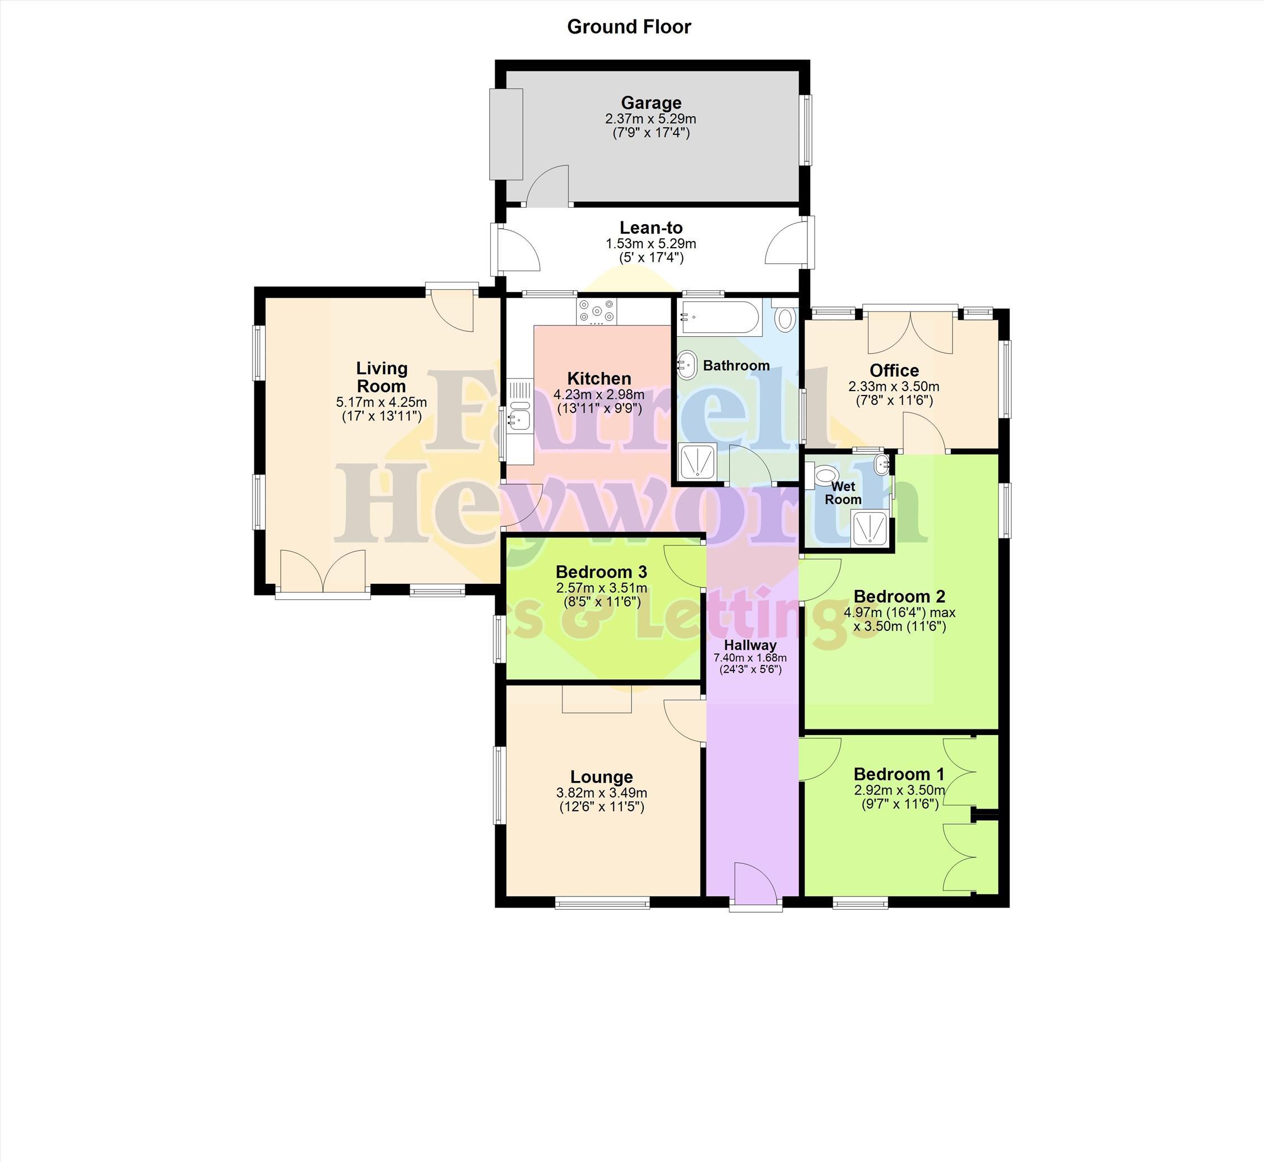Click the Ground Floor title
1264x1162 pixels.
point(629,27)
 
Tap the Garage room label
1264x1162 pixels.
point(651,103)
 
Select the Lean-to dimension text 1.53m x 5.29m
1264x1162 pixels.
point(651,243)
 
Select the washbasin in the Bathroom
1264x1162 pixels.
point(687,365)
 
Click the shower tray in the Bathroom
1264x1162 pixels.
point(698,462)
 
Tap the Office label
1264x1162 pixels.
point(894,370)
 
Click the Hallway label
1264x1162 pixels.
point(750,644)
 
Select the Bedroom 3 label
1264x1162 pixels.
point(601,572)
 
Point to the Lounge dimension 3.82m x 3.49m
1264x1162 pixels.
point(602,793)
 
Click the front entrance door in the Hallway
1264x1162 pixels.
point(755,886)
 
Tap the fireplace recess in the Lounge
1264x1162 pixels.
point(596,699)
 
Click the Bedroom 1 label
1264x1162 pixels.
point(899,774)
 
